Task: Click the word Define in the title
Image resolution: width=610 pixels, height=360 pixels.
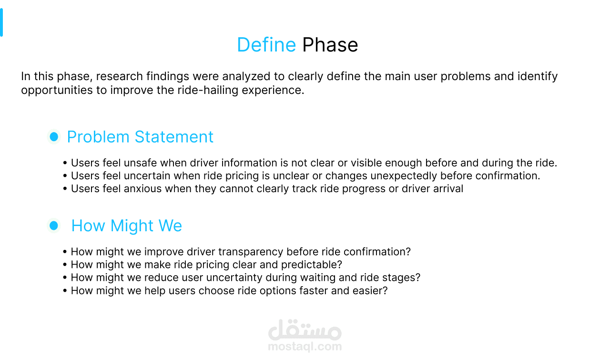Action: [266, 45]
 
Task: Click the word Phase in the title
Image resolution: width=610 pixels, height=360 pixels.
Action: [330, 45]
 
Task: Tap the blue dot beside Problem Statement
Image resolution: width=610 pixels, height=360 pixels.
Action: [54, 136]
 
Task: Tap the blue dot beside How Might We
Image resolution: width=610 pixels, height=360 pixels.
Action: [54, 226]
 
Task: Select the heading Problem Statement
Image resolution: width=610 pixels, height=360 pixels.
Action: [140, 136]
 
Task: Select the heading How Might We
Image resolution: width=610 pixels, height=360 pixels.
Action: [127, 226]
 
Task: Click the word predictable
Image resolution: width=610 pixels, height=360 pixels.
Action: [312, 265]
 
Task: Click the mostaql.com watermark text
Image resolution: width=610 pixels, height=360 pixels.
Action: [305, 346]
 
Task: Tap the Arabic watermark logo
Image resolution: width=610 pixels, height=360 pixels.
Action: [305, 330]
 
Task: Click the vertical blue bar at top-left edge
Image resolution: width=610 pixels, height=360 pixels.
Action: [1, 22]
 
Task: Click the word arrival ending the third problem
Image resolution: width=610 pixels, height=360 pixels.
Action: [448, 189]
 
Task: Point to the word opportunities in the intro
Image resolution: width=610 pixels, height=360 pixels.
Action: [57, 91]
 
